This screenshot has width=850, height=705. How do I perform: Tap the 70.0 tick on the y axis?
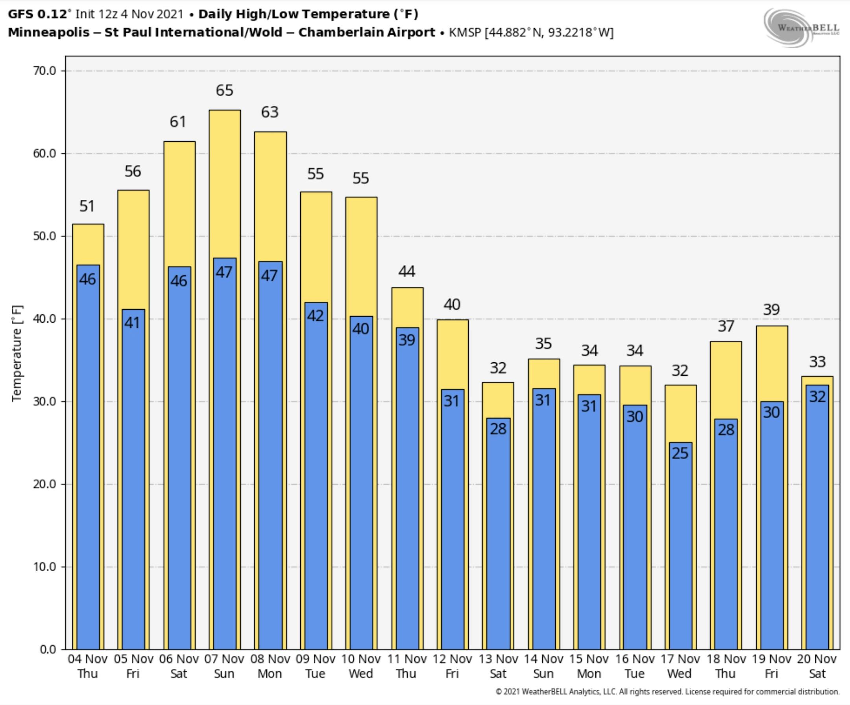[44, 71]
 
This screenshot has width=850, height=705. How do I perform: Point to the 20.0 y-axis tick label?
[44, 484]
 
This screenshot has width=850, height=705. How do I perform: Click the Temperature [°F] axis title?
[17, 353]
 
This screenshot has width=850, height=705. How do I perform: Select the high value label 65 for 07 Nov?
[225, 90]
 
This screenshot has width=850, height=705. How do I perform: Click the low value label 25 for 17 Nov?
[680, 453]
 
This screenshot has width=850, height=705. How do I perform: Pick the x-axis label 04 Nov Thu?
[87, 666]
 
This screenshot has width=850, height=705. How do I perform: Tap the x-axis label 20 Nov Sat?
[817, 666]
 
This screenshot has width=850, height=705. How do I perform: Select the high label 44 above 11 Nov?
[407, 271]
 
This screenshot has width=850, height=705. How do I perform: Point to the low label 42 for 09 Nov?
[315, 316]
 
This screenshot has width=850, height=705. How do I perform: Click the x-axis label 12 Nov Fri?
[452, 666]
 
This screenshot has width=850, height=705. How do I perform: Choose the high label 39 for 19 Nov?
[771, 310]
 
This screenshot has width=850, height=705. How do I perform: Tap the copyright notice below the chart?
[667, 692]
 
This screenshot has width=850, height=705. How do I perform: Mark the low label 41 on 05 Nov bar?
[132, 323]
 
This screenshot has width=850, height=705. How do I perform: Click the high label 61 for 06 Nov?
[178, 122]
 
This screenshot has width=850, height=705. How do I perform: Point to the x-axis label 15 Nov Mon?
[589, 666]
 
